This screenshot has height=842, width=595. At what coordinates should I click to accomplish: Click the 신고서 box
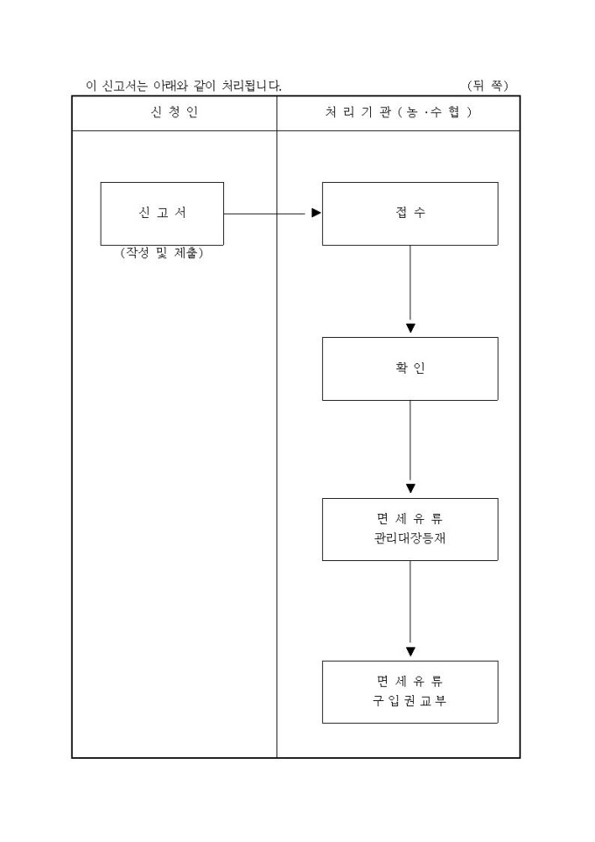(x=162, y=214)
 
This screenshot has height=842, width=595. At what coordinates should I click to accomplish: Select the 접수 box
(x=409, y=214)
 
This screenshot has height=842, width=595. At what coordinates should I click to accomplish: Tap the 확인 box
(x=409, y=368)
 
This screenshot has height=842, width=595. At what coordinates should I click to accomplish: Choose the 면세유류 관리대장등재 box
(x=409, y=529)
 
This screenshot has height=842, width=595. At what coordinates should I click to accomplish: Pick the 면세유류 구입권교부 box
(x=409, y=691)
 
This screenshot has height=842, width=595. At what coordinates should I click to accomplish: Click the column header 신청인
(x=174, y=113)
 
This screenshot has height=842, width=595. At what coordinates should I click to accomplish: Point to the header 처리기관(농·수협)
(x=398, y=113)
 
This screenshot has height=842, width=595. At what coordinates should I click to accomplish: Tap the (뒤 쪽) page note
(x=487, y=86)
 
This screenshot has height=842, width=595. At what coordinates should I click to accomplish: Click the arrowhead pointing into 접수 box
(x=317, y=213)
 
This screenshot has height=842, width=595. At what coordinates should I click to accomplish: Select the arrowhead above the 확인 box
(x=410, y=328)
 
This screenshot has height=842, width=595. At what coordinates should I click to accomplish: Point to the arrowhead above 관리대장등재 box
(x=410, y=488)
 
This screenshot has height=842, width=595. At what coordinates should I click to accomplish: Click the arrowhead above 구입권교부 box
(x=410, y=651)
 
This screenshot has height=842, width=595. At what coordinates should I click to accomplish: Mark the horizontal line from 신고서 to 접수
(x=267, y=213)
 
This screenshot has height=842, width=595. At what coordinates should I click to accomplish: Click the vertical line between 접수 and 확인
(x=410, y=284)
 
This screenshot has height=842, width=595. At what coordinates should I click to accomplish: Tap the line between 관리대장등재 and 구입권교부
(x=410, y=603)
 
